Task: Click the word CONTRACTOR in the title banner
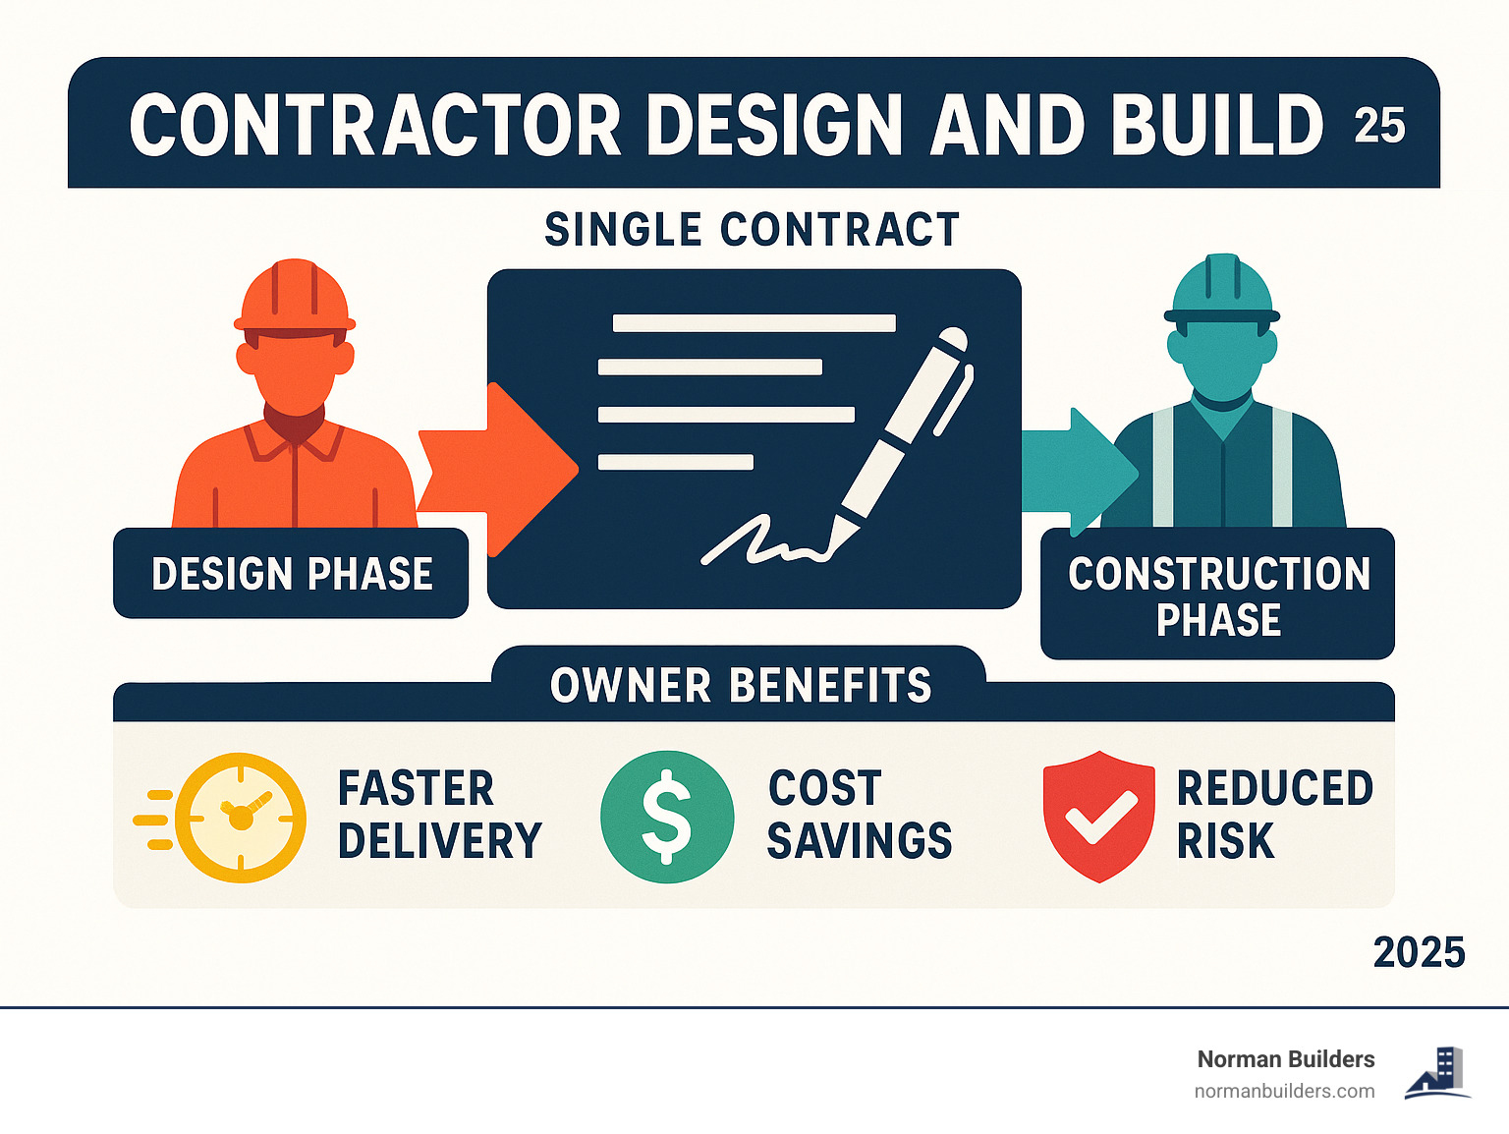375,126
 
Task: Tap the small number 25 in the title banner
1379,126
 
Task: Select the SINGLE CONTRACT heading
753,230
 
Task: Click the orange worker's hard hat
295,295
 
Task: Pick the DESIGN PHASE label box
291,574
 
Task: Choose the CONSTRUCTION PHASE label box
1218,595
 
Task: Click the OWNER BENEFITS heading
740,685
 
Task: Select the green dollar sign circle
667,817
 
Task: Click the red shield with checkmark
1099,816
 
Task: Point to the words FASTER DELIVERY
439,815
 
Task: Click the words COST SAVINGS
859,815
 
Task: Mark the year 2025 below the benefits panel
1419,952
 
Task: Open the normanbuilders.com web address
1284,1091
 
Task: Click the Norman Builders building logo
1438,1073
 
